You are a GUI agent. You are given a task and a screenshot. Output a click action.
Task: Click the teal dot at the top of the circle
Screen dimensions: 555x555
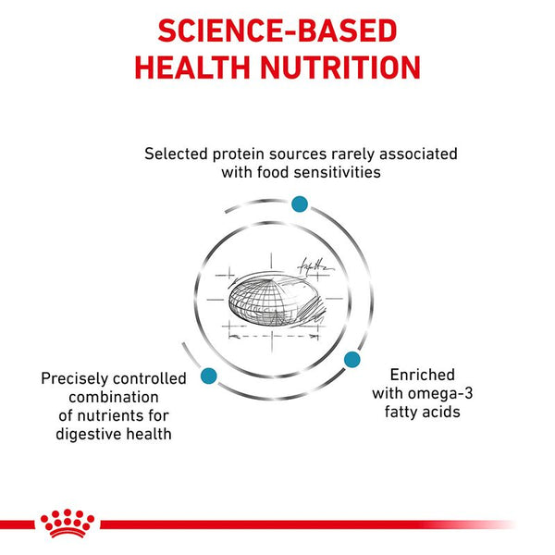point(299,203)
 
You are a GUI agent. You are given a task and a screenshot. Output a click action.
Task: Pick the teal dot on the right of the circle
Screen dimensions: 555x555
point(351,358)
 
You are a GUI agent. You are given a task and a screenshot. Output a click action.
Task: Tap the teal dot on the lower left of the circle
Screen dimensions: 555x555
point(207,376)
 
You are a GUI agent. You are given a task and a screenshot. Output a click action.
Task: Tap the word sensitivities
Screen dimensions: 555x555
point(337,171)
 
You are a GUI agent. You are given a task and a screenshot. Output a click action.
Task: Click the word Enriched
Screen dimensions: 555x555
point(422,374)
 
